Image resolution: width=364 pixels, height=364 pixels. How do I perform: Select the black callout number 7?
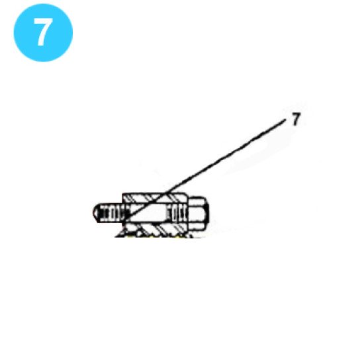click(x=296, y=120)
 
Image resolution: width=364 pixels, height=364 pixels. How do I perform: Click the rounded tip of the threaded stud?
click(x=93, y=214)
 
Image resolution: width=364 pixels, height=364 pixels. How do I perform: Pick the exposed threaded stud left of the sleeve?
click(x=107, y=214)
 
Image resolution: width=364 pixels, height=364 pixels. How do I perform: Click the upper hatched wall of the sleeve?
click(x=156, y=198)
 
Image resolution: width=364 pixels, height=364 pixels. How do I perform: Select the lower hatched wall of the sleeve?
click(x=156, y=228)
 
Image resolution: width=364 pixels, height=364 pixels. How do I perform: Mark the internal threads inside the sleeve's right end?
click(x=177, y=213)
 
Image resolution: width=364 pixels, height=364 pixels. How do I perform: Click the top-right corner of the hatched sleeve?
click(x=191, y=194)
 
